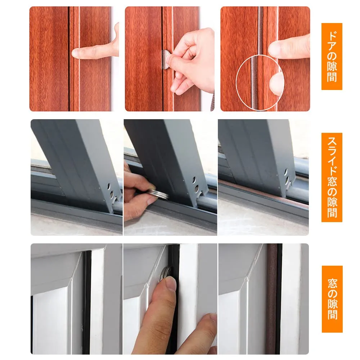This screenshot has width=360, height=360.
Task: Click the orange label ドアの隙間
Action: (332, 56)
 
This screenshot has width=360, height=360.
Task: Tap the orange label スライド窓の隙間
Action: (332, 177)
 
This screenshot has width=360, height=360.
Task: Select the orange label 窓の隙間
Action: (332, 299)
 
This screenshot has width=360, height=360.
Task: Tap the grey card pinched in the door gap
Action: (166, 59)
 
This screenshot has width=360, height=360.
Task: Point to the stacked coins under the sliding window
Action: (158, 194)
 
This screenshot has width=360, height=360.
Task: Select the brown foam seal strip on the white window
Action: (272, 298)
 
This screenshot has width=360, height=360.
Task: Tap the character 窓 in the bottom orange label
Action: (332, 283)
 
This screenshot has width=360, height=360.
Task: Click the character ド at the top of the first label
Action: (332, 36)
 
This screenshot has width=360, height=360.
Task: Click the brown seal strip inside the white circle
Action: (254, 83)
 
